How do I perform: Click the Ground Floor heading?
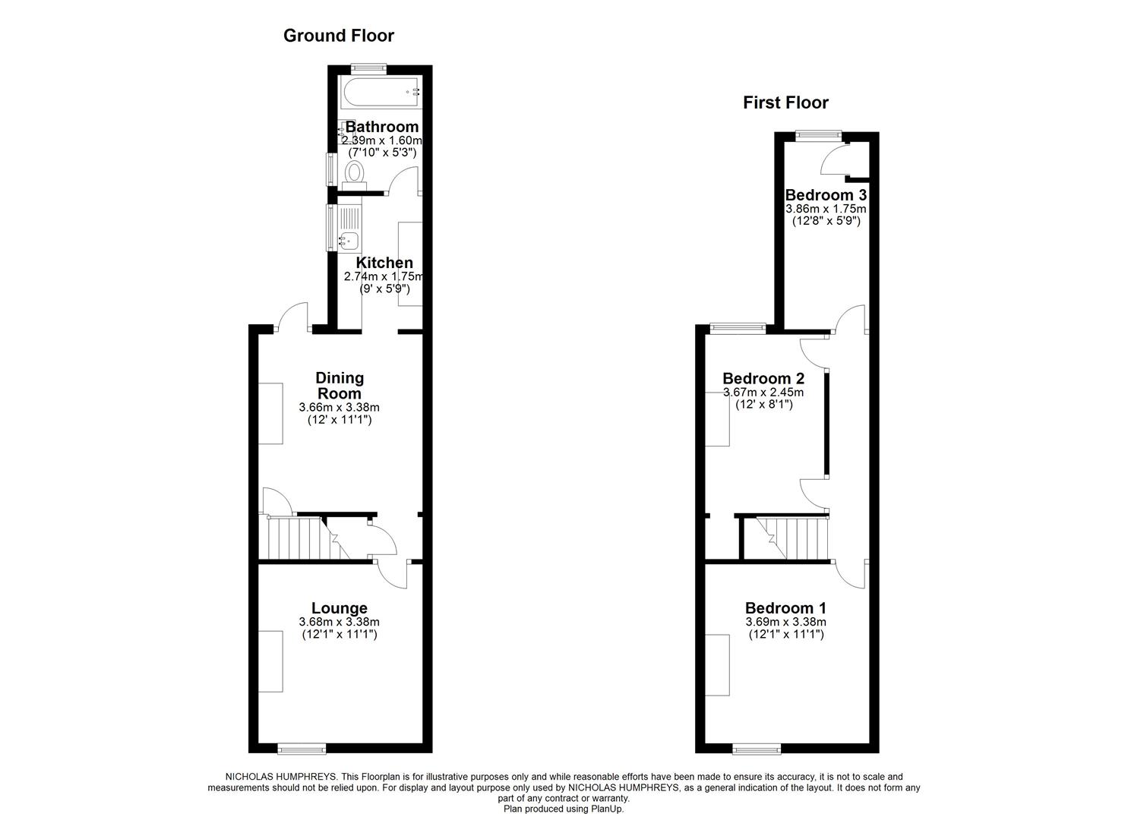click(x=338, y=35)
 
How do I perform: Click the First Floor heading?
click(x=785, y=102)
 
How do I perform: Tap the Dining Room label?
click(x=340, y=386)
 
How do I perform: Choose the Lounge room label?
click(x=339, y=608)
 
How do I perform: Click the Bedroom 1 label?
click(x=785, y=608)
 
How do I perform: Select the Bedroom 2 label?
click(x=763, y=378)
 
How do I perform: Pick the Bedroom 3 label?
click(x=826, y=195)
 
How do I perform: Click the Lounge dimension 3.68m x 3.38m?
click(x=339, y=622)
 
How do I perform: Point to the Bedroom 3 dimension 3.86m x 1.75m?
click(x=826, y=209)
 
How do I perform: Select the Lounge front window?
click(x=302, y=749)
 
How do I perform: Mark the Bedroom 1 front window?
click(x=757, y=749)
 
